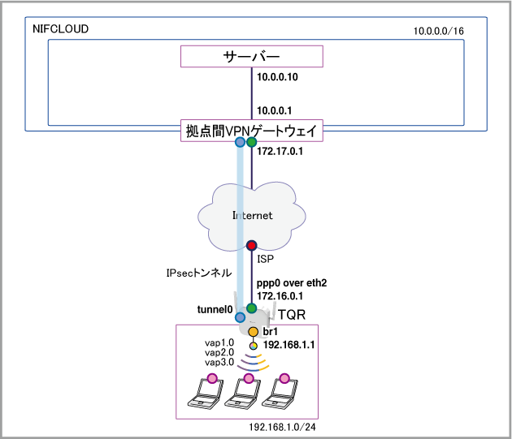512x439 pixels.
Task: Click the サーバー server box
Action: [252, 56]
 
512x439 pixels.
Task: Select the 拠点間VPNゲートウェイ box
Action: [252, 130]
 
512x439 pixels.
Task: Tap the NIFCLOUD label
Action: [61, 29]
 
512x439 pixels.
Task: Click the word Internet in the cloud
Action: [252, 216]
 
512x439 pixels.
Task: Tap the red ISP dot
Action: [252, 244]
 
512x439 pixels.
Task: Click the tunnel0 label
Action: [215, 310]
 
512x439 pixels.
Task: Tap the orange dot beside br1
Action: [253, 332]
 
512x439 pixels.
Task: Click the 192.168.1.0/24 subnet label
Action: [282, 426]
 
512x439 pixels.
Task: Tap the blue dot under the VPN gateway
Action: [240, 143]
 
